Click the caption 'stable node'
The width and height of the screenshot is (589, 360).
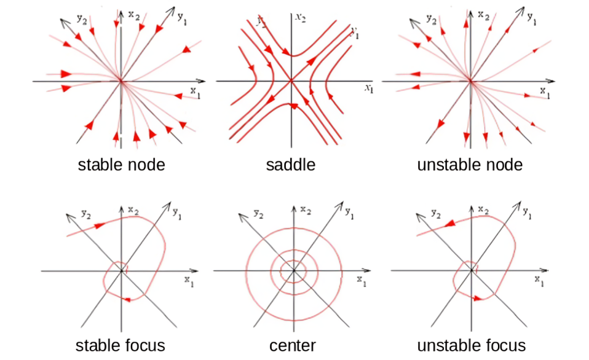coord(121,165)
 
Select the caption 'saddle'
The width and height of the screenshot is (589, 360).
coord(291,165)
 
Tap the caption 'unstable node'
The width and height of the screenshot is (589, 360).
coord(470,165)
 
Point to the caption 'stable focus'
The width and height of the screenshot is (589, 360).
coord(120,345)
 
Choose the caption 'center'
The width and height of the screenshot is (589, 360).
coord(292,345)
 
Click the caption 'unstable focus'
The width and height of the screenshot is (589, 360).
coord(471,345)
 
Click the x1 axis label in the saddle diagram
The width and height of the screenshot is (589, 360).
coord(369,88)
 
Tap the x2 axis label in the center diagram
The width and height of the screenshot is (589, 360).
coord(306,210)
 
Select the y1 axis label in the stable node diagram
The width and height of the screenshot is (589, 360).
coord(183,18)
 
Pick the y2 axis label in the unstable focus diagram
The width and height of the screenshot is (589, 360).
coord(435,213)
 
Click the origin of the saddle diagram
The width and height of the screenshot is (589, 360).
coord(291,80)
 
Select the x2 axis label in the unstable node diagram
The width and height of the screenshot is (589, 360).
coord(483,14)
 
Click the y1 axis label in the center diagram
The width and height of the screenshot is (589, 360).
coord(349,214)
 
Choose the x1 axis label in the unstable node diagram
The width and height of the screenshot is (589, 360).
coord(545,92)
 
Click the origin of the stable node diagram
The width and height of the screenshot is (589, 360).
coord(121,80)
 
